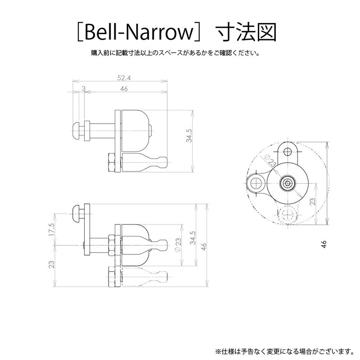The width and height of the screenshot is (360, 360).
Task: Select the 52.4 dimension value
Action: [120, 78]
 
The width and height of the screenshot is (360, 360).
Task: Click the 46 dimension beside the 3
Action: [125, 89]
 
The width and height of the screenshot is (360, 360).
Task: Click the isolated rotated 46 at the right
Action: [323, 243]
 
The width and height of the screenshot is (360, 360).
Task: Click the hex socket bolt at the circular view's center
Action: [287, 183]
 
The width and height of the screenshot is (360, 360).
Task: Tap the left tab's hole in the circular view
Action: [257, 183]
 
